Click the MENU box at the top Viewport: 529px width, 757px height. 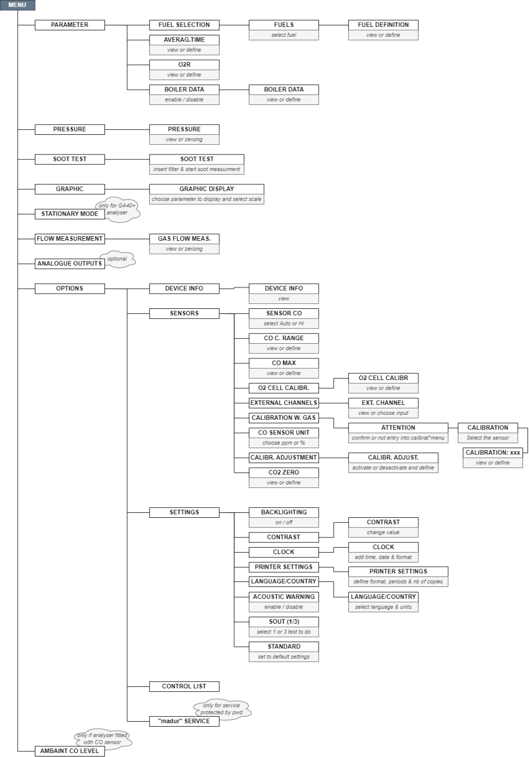point(17,5)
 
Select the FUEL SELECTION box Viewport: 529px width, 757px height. point(184,25)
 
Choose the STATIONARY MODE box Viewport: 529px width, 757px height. point(70,214)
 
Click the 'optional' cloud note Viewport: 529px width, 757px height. point(118,259)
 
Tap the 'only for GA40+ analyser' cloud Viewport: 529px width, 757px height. point(117,209)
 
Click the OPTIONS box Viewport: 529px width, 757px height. point(70,289)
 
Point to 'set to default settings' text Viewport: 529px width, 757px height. point(284,657)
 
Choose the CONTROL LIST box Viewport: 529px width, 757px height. point(184,686)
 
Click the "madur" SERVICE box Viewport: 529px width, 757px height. point(184,721)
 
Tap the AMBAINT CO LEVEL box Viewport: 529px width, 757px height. point(70,751)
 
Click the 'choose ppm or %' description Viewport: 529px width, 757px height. point(284,443)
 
